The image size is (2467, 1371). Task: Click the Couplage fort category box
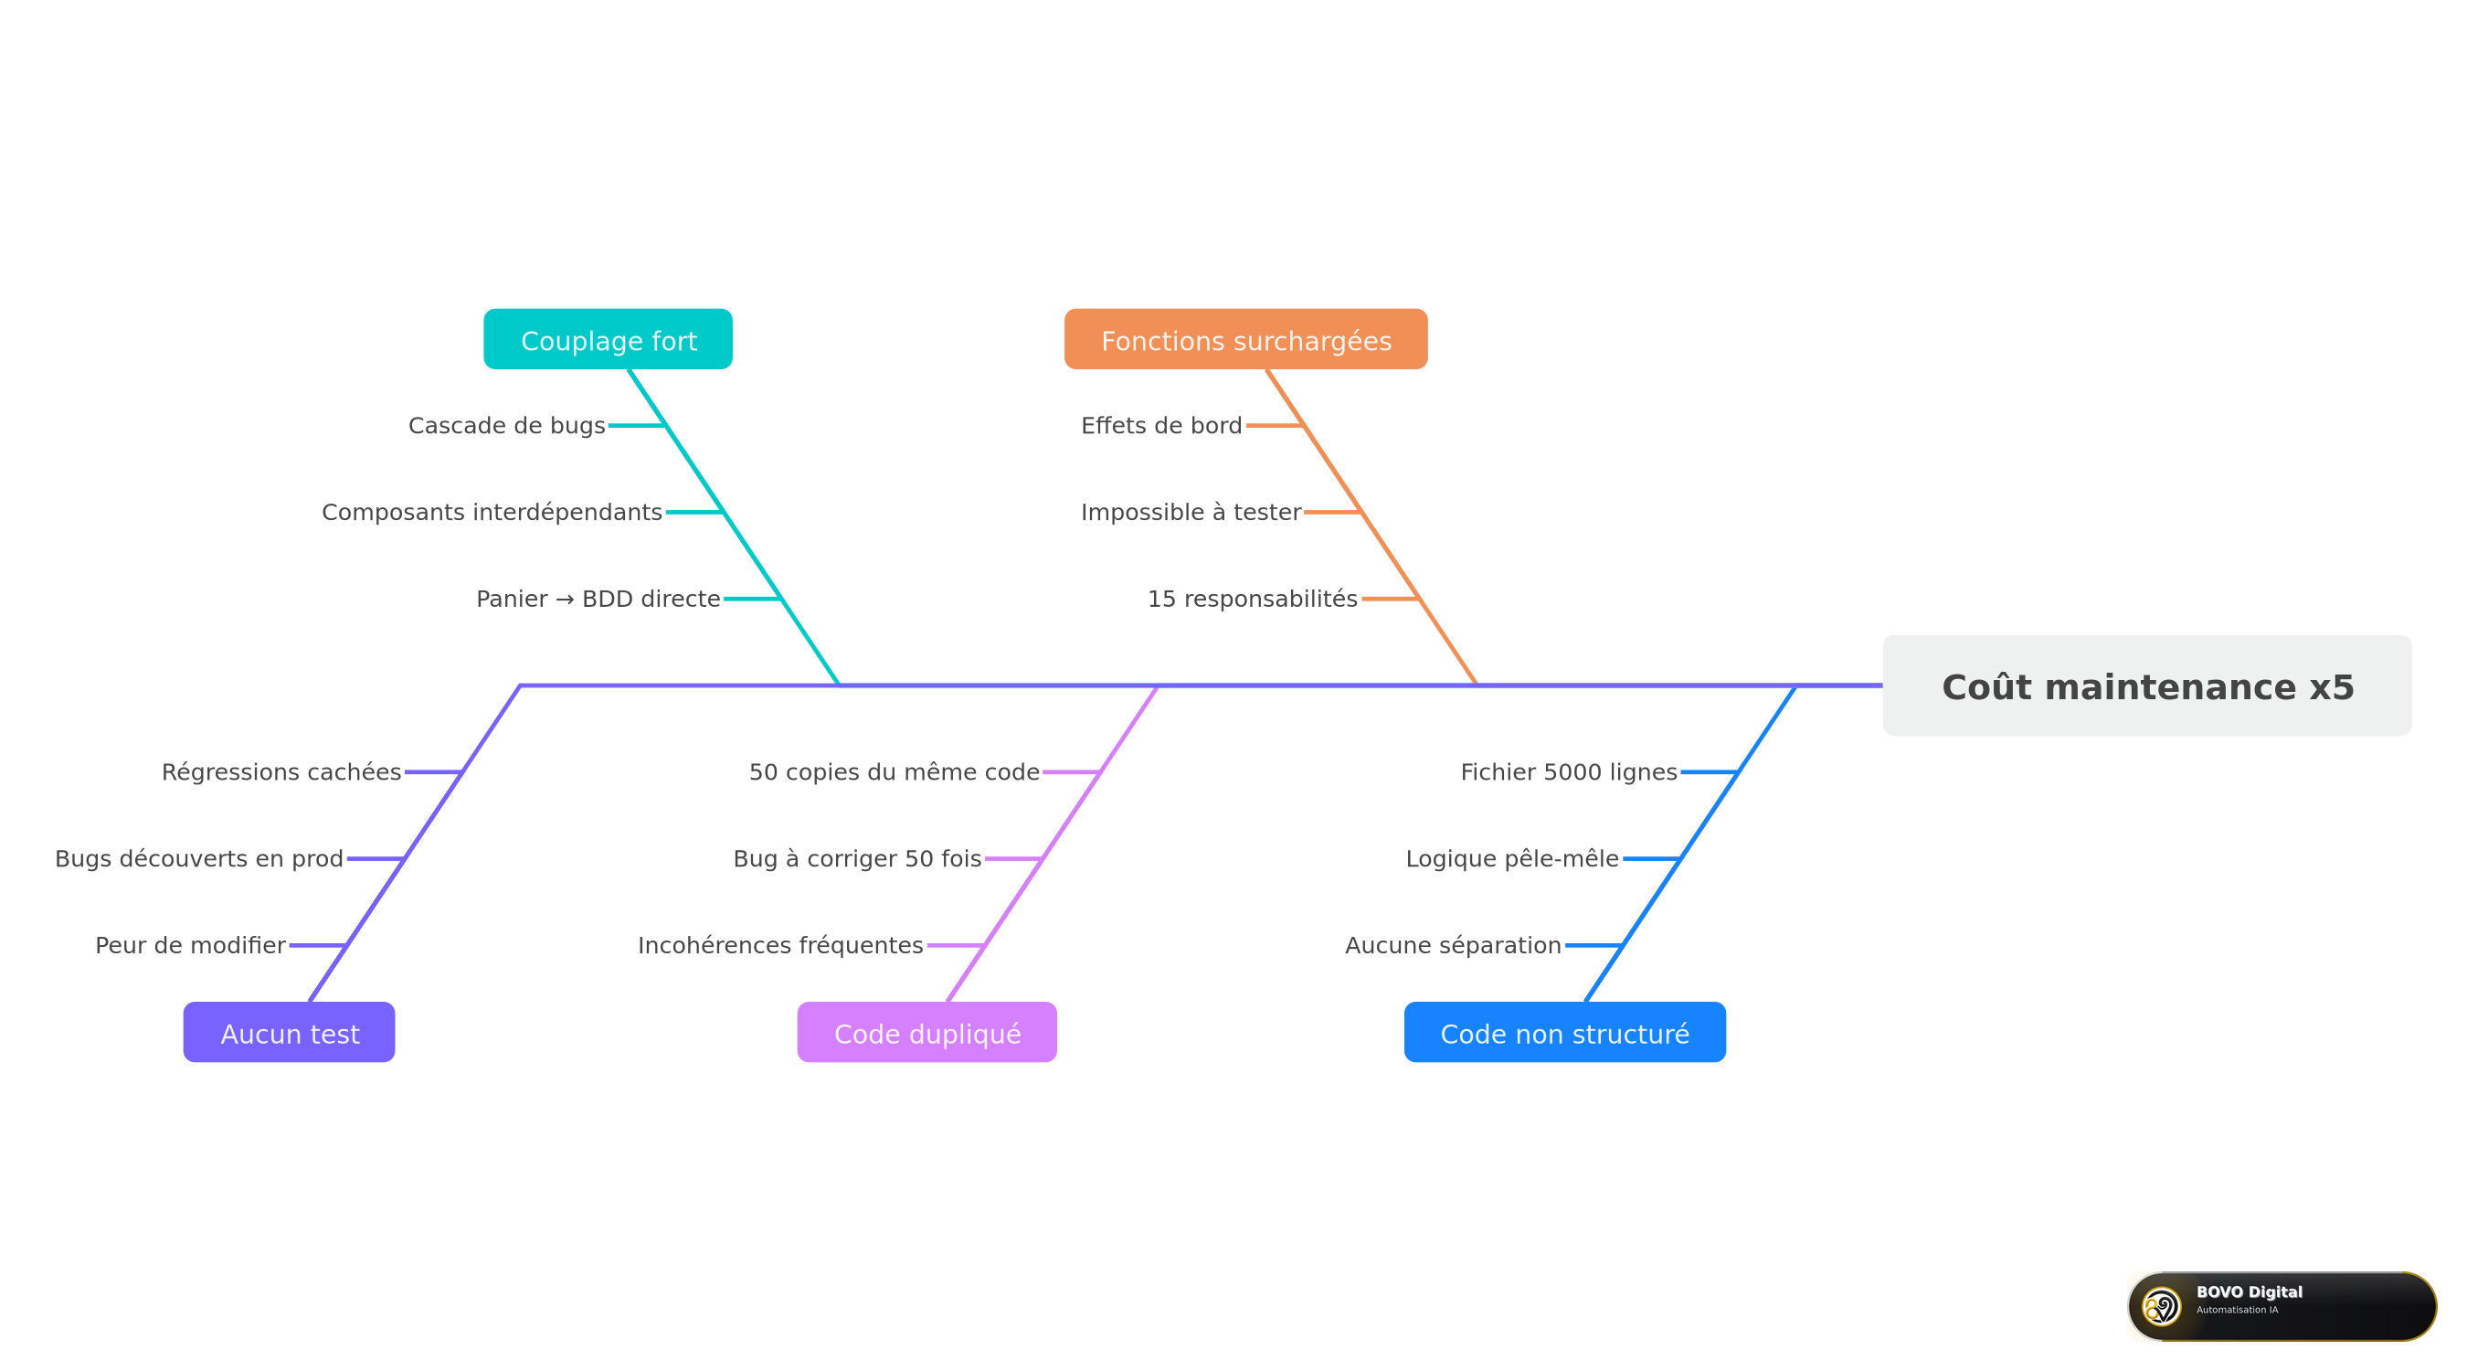coord(609,339)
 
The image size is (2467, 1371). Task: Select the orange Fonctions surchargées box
coord(1246,339)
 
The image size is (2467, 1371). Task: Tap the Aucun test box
coord(290,1032)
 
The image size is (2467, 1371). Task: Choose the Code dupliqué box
coord(927,1032)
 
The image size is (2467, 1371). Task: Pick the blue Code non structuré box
coord(1565,1032)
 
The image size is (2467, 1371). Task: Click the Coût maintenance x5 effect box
coord(2147,686)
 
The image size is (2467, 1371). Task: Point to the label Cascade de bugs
coord(506,425)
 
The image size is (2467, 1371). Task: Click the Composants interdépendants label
coord(492,513)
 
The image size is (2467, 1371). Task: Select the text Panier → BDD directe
coord(598,599)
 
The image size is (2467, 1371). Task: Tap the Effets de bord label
coord(1161,425)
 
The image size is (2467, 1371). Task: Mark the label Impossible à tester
coord(1191,513)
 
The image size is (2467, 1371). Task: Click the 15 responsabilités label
coord(1253,599)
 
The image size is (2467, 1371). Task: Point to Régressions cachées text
coord(281,772)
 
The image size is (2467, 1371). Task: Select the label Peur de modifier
coord(191,946)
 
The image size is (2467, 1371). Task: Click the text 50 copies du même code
coord(895,772)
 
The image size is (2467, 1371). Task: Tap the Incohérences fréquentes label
coord(780,946)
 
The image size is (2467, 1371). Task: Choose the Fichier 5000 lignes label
coord(1569,772)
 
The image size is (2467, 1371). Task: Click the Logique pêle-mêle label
coord(1512,858)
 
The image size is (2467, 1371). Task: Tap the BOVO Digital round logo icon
coord(2162,1306)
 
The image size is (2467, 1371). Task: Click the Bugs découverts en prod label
coord(199,858)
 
